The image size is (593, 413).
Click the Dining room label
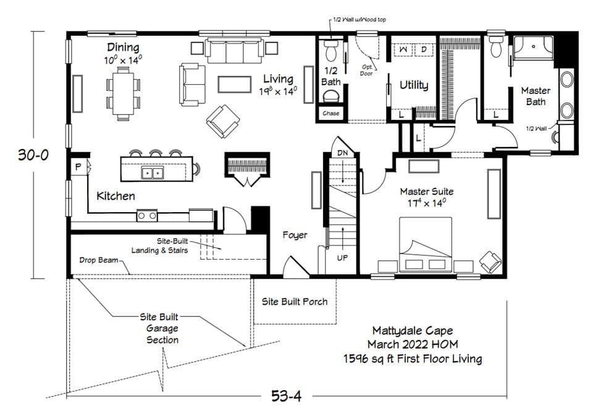coord(122,48)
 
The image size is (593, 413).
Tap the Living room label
coord(279,79)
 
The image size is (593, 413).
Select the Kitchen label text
coord(116,196)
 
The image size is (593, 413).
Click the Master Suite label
coord(426,192)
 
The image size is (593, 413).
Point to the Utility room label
coord(414,85)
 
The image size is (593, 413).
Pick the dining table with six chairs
coord(123,93)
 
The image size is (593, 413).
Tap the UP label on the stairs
coord(342,257)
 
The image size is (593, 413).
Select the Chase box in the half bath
coord(330,114)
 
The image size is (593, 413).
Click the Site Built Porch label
coord(295,302)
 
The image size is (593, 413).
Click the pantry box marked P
coord(79,167)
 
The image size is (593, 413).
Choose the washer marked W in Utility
coord(403,48)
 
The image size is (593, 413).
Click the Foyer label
coord(295,235)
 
